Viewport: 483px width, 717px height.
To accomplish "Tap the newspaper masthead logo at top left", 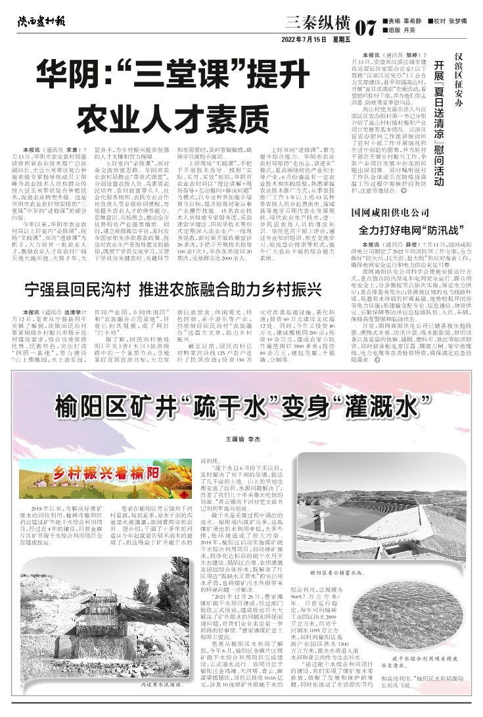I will tap(42, 22).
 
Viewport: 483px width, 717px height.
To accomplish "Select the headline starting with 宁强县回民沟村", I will tap(92, 289).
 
